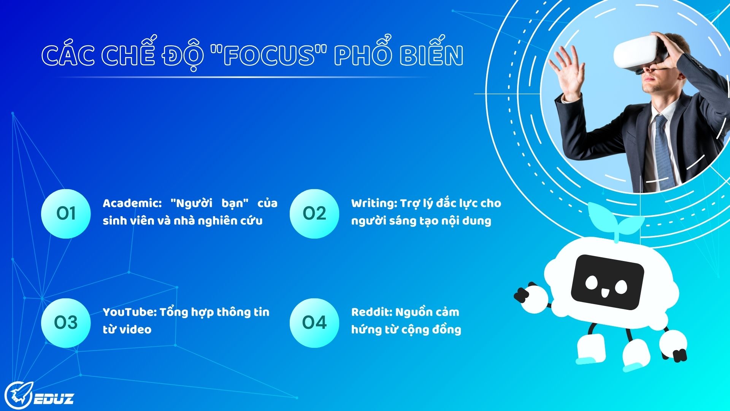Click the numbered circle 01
pos(66,213)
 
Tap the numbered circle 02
pos(314,213)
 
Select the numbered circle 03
pos(66,323)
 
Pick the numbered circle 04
pos(314,323)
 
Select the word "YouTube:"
pos(130,312)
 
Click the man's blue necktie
pos(663,152)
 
